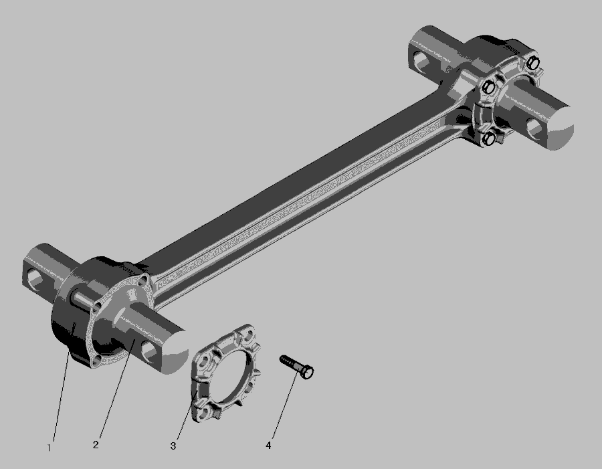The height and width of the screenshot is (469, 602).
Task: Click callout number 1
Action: tap(49, 448)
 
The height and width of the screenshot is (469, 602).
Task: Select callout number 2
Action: tap(96, 445)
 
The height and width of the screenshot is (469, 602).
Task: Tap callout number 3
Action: tap(173, 446)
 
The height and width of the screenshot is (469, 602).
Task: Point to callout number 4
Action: tap(268, 445)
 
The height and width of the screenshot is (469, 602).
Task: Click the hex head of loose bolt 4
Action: tap(307, 372)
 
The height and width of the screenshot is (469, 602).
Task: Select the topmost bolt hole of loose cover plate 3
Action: tap(249, 336)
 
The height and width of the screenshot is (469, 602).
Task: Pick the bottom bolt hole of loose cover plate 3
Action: tap(205, 413)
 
